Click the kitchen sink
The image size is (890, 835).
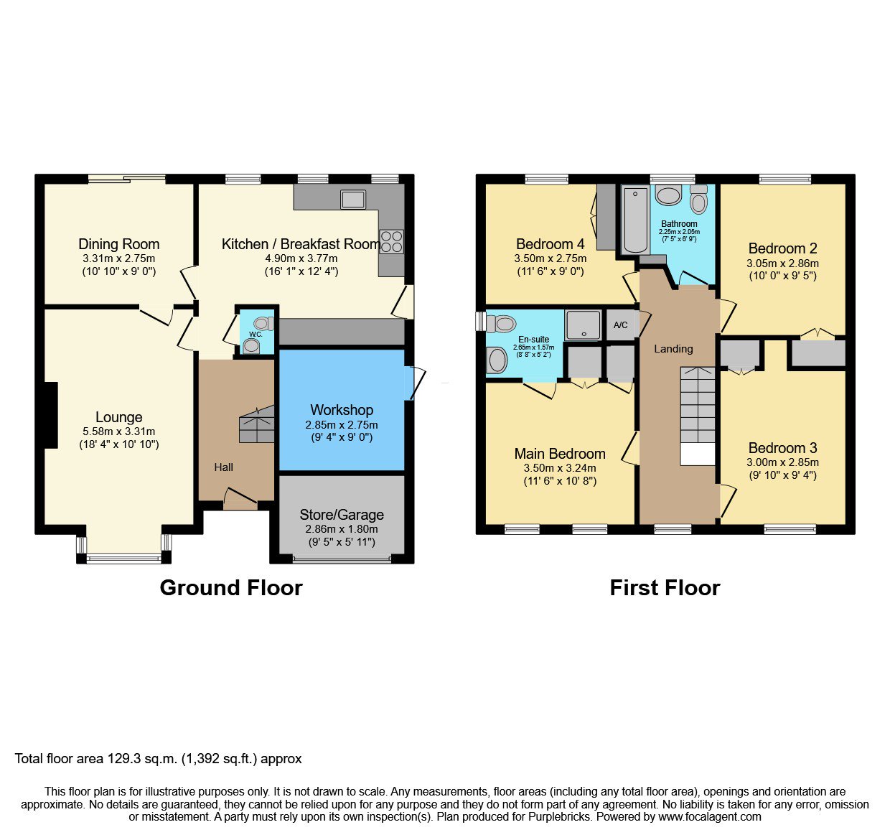pos(352,199)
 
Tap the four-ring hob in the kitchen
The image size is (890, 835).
pos(392,242)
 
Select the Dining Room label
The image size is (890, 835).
pos(118,244)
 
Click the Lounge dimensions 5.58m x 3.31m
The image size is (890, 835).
pos(118,432)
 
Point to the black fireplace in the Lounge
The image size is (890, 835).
pos(51,415)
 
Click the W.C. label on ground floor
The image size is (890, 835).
pos(256,334)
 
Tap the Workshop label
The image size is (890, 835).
pos(342,410)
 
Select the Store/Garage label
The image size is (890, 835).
pos(342,514)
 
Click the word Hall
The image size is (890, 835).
pos(223,467)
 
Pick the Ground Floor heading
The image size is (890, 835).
pos(231,587)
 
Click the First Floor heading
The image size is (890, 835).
pos(665,587)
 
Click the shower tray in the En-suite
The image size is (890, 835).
pos(583,325)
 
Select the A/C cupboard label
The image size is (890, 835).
pos(621,325)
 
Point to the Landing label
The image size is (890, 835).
pos(673,349)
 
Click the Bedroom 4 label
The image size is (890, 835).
pos(551,244)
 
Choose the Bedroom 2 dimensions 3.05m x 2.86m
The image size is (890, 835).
pos(782,263)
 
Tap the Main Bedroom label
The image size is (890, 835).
pos(560,453)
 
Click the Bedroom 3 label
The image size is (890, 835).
pos(782,447)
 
